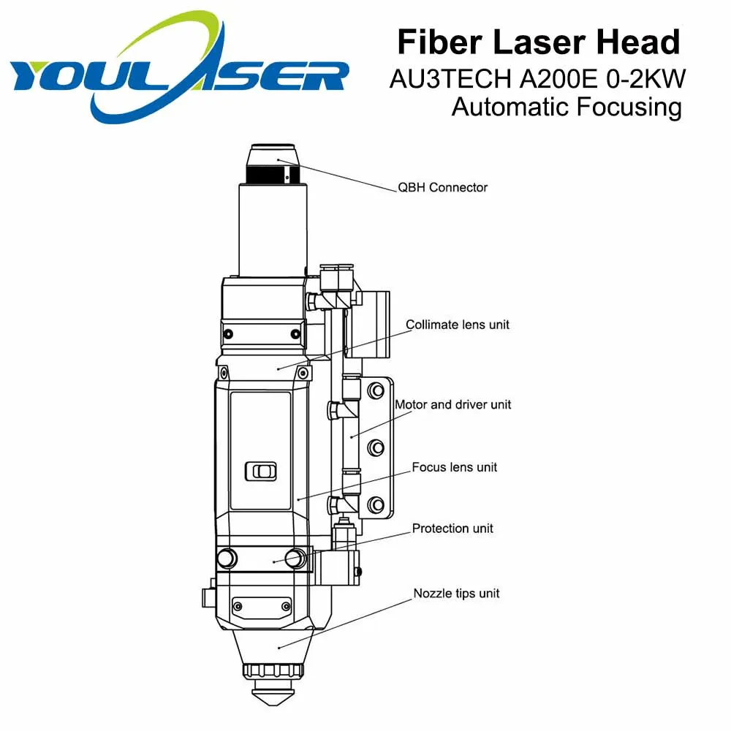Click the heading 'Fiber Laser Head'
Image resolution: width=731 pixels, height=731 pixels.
pos(539,42)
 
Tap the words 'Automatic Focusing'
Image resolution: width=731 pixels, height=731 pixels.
pos(567,107)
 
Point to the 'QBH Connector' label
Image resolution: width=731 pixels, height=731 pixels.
pos(442,187)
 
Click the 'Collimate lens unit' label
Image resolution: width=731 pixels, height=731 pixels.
pos(458,325)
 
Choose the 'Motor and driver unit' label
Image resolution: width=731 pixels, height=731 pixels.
pos(452,404)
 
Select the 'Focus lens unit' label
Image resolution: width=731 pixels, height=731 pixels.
pos(455,466)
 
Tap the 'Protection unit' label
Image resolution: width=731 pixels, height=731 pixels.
pos(452,528)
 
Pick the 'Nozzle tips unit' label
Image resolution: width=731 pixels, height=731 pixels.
pos(456,593)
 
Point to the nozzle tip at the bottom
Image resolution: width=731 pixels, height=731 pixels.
pos(274,690)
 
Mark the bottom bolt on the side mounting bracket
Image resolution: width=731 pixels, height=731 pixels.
pos(376,503)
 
